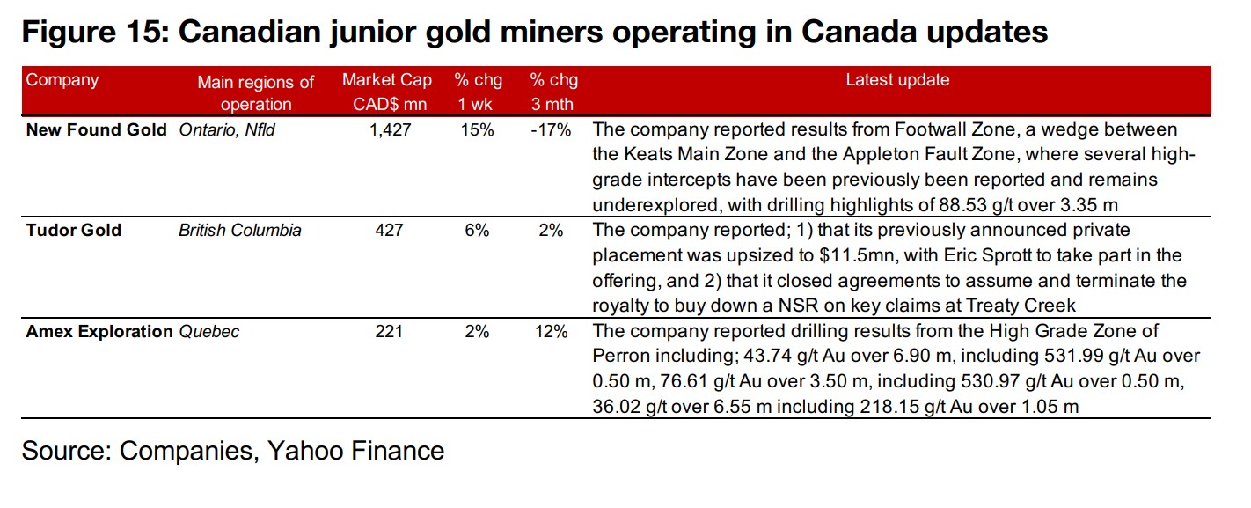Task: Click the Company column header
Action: tap(62, 80)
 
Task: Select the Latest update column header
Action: tap(897, 80)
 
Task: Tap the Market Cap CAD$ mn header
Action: tap(387, 92)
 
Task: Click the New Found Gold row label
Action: tap(96, 129)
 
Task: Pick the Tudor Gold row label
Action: tap(74, 231)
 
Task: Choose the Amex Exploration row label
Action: tap(99, 332)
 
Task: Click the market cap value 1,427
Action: tap(388, 130)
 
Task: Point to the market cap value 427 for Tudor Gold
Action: tap(388, 231)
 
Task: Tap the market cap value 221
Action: tap(388, 332)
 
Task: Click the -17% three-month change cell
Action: tap(552, 130)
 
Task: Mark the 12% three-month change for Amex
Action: tap(553, 332)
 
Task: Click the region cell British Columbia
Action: tap(240, 231)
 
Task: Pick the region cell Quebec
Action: tap(208, 332)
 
